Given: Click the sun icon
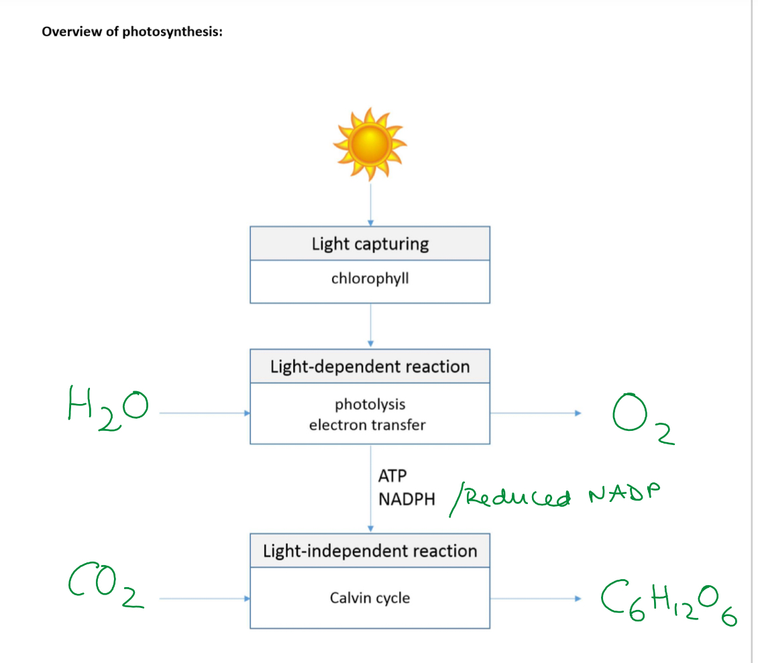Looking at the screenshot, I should point(370,144).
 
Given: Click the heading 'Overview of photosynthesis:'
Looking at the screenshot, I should point(132,32).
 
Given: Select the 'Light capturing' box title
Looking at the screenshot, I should point(370,244).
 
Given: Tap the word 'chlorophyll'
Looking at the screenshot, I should point(370,278).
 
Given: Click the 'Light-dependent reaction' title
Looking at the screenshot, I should point(370,366).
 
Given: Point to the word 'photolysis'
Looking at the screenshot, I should point(370,404).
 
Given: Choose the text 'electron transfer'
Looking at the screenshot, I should point(367,425).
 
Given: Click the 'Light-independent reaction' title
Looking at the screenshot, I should point(370,551).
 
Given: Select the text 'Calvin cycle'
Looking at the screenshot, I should point(370,597).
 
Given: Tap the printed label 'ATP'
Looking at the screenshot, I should point(392,476).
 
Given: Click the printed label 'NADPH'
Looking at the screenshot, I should point(407,499).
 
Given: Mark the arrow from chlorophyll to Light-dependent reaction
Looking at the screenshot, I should point(370,325).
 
